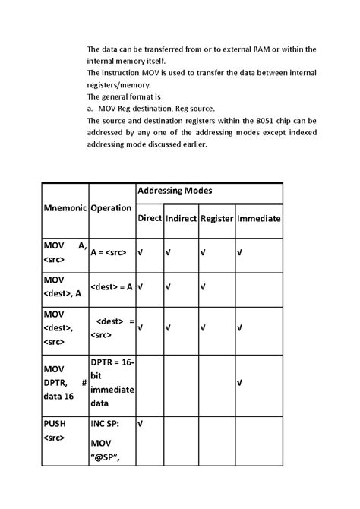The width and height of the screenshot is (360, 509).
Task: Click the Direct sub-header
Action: click(x=150, y=218)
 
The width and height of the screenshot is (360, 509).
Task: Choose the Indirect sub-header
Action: click(x=181, y=218)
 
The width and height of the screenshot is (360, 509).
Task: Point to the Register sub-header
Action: click(x=216, y=218)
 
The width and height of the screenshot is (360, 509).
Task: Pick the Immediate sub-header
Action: click(x=259, y=218)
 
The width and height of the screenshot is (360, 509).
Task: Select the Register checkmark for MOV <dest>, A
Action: click(x=204, y=287)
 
